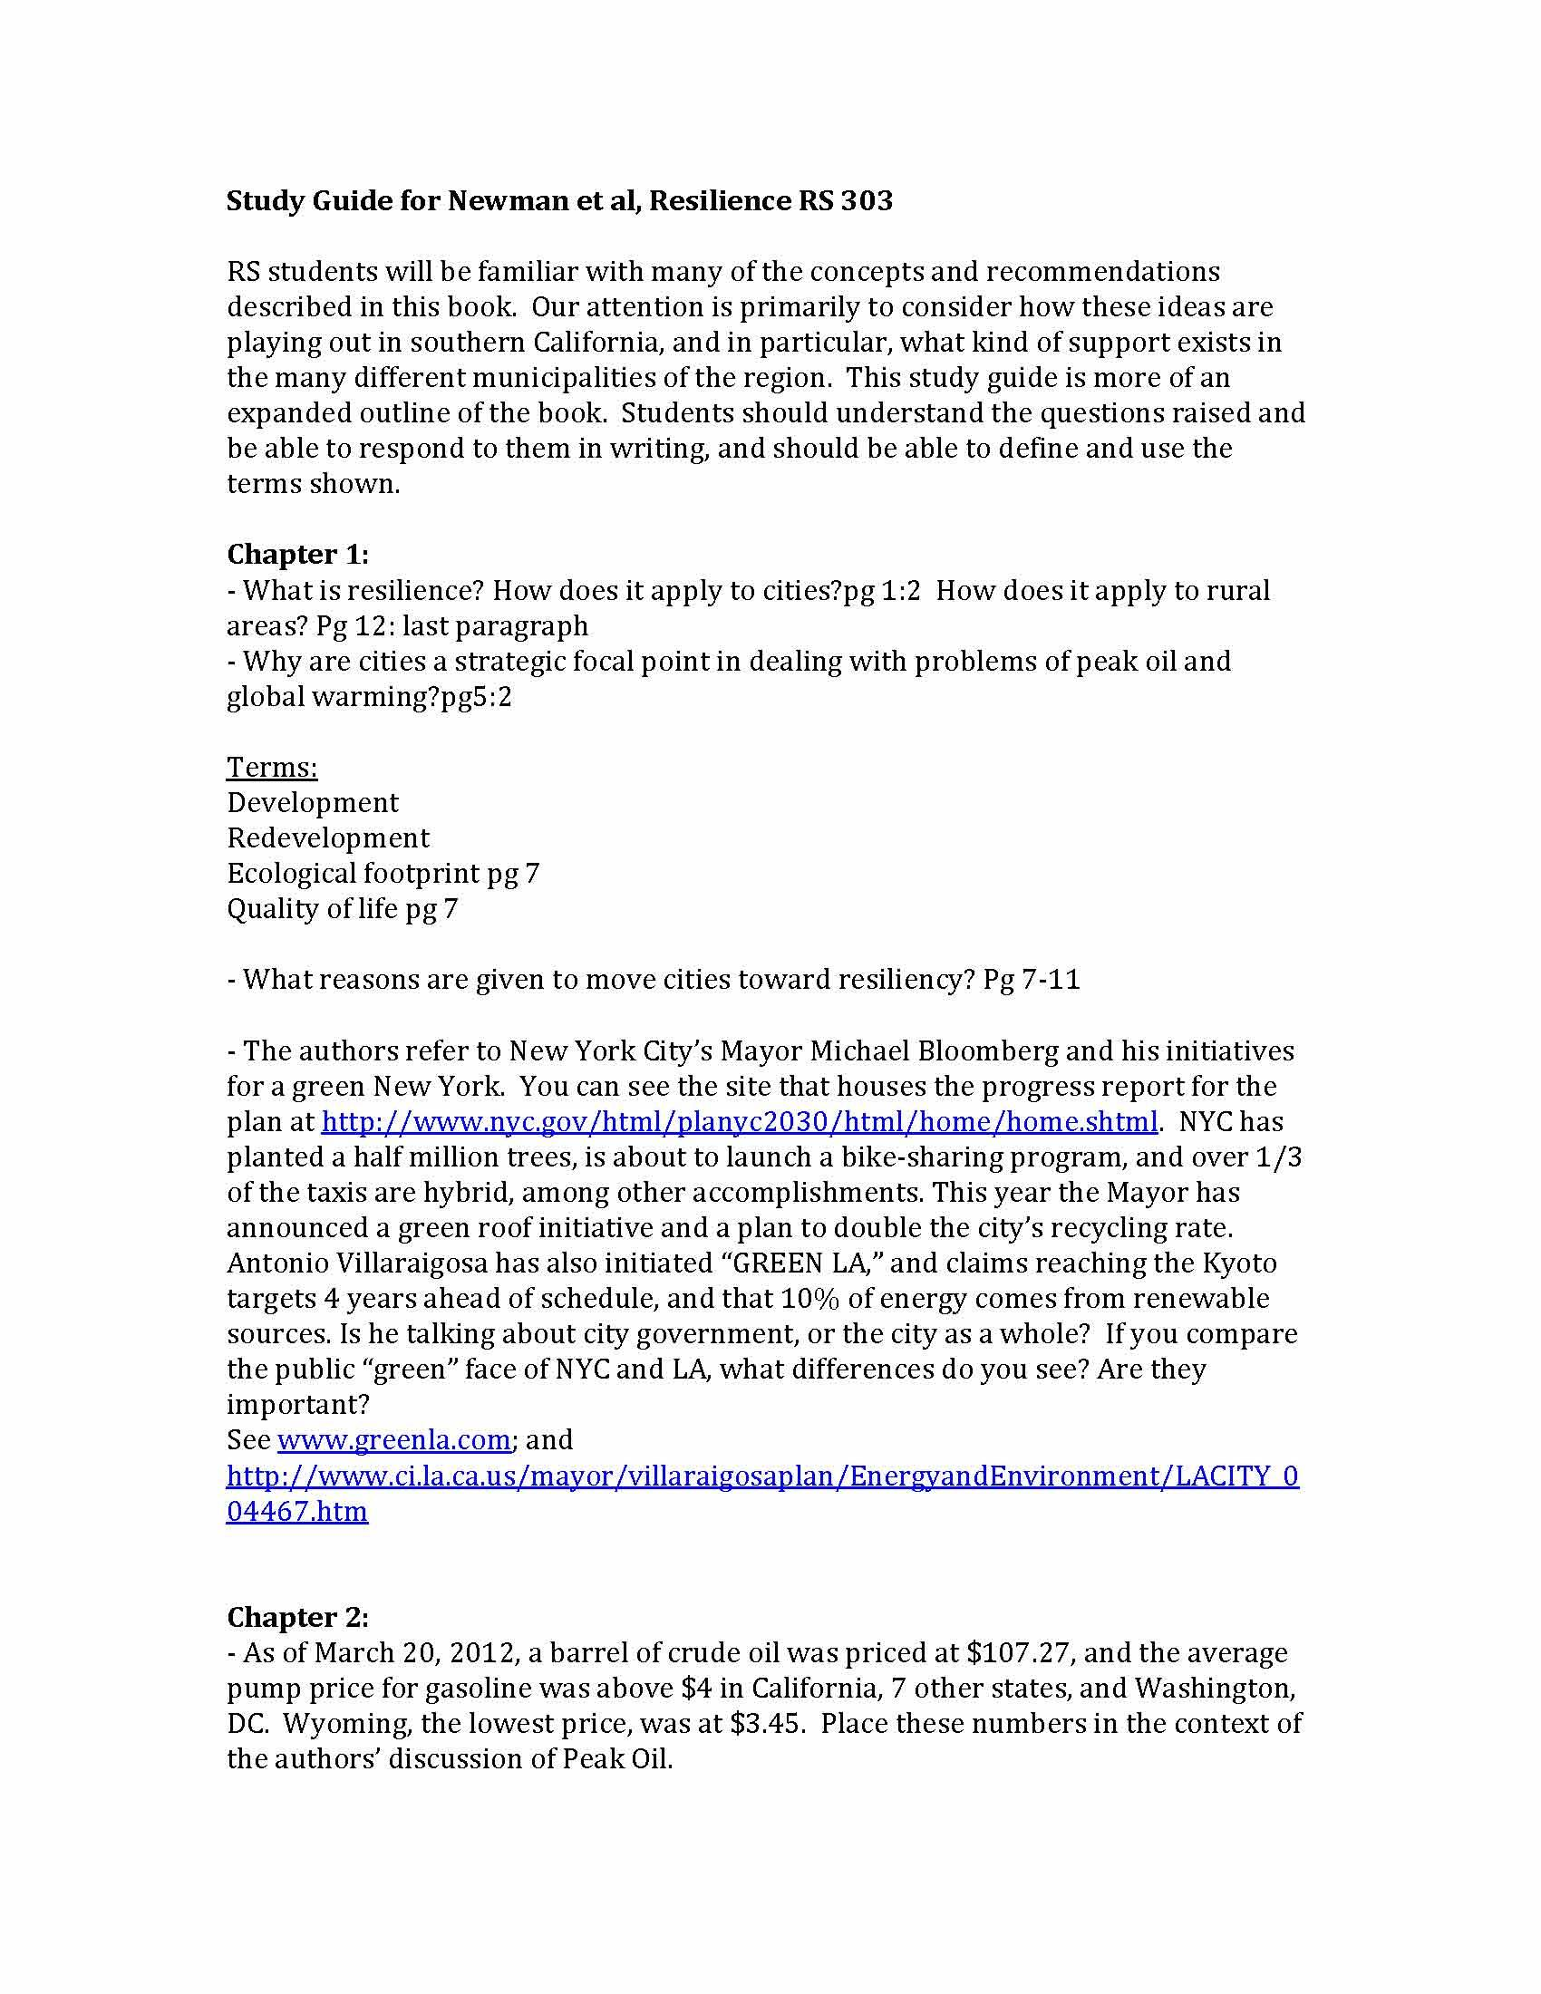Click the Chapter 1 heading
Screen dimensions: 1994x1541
tap(297, 554)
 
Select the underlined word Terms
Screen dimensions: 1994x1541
tap(272, 767)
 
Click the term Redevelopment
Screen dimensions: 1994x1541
tap(328, 838)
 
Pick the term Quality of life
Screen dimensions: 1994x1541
tap(312, 909)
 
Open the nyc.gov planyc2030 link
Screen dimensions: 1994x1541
tap(740, 1121)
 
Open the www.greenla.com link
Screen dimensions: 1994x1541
tap(393, 1440)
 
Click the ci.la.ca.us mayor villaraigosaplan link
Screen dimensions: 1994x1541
tap(761, 1476)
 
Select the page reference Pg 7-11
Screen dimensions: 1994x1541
tap(1032, 980)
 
